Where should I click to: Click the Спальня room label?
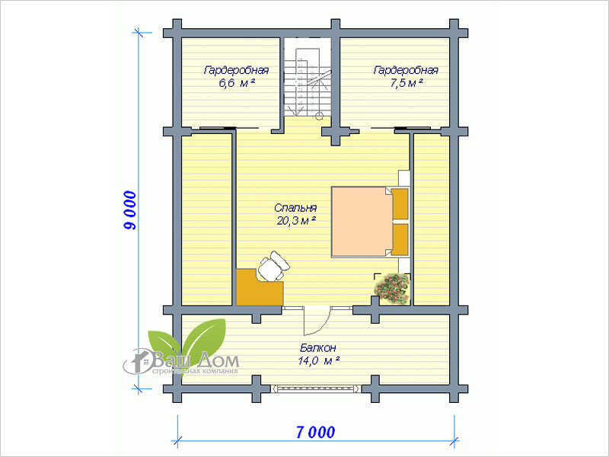click(x=295, y=208)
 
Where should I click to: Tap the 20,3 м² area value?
click(x=295, y=221)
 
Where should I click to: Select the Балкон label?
click(x=318, y=347)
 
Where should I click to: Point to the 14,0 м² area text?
click(x=319, y=361)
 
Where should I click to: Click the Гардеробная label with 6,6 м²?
click(x=236, y=70)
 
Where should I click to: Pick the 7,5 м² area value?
click(x=407, y=83)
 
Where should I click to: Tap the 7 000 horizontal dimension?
click(x=315, y=432)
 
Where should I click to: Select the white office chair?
click(x=273, y=266)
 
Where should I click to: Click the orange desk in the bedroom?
click(x=259, y=288)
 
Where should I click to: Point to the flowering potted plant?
click(x=392, y=289)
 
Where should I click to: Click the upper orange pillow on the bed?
click(x=400, y=204)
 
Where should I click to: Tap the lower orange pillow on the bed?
click(x=400, y=240)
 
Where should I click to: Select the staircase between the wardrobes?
click(x=308, y=82)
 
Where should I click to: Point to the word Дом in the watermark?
click(x=218, y=361)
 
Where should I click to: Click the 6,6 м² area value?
click(x=237, y=83)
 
